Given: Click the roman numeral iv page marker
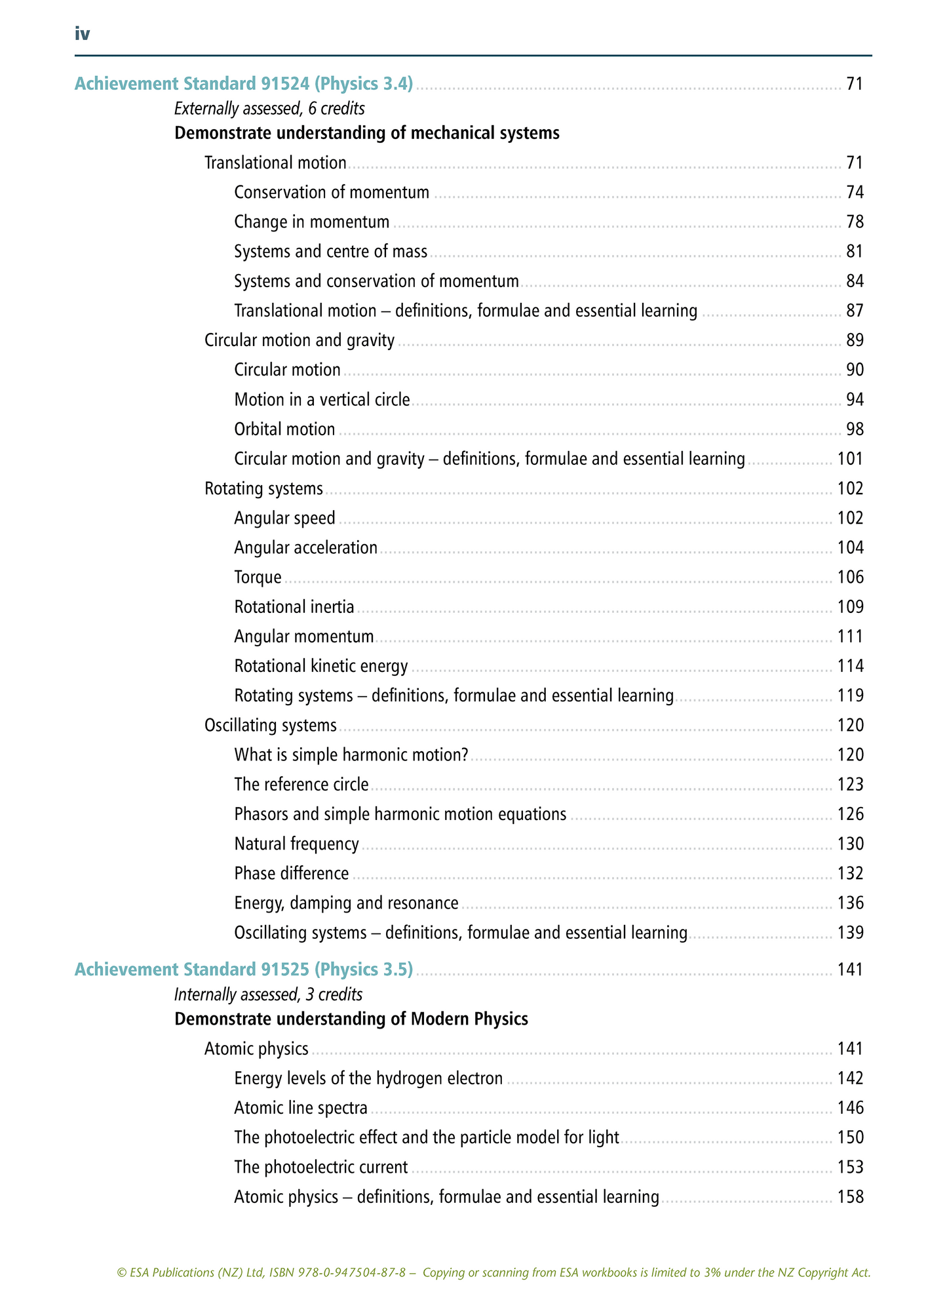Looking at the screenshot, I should pyautogui.click(x=82, y=34).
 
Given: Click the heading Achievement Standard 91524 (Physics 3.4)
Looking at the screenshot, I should pyautogui.click(x=243, y=84).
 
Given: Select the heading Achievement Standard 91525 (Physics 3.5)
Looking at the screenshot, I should pyautogui.click(x=243, y=970).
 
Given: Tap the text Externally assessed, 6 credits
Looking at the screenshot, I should pyautogui.click(x=269, y=108).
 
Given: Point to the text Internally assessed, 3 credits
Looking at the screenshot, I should pyautogui.click(x=268, y=994).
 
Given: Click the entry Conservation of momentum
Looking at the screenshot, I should pyautogui.click(x=332, y=193).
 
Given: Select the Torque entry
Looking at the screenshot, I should pyautogui.click(x=258, y=578).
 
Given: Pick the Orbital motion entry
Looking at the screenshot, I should pyautogui.click(x=284, y=429).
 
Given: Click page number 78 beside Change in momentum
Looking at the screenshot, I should pyautogui.click(x=855, y=222).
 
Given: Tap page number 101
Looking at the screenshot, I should pyautogui.click(x=850, y=459).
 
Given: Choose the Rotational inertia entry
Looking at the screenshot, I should pyautogui.click(x=294, y=607).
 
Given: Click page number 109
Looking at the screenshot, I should pyautogui.click(x=850, y=607).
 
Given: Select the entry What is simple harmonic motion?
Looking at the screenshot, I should pyautogui.click(x=351, y=755).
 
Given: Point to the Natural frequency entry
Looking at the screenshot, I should pyautogui.click(x=296, y=844).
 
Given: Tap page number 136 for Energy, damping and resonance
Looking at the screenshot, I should pyautogui.click(x=850, y=903).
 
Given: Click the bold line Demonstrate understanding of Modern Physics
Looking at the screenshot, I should pyautogui.click(x=351, y=1019).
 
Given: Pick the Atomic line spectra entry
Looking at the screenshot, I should pyautogui.click(x=301, y=1109).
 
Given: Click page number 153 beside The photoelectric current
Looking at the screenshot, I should pyautogui.click(x=850, y=1168).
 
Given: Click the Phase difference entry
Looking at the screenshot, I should pyautogui.click(x=292, y=874).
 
